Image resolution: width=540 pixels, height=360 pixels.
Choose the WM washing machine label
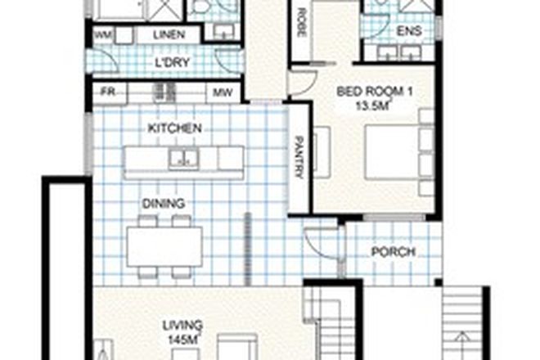coord(104,35)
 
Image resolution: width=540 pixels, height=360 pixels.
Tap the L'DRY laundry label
coord(173,63)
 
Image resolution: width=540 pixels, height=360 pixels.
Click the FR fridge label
coord(107,92)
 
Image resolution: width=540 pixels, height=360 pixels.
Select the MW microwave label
coord(222,92)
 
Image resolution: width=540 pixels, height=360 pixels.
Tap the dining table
coord(164,243)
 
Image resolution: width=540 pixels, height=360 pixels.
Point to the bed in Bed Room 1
coord(398,151)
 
